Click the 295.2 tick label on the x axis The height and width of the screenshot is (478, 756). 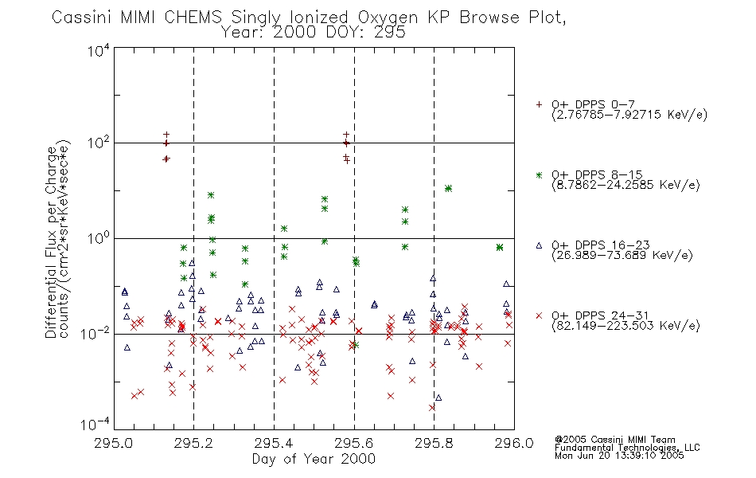(x=194, y=443)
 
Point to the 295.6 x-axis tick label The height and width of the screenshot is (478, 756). (x=354, y=443)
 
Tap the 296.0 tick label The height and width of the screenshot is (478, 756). (x=514, y=443)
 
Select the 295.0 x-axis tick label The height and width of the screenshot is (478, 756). (x=114, y=443)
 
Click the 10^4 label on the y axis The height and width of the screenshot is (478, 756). (x=99, y=50)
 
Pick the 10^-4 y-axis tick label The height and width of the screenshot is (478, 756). (x=95, y=424)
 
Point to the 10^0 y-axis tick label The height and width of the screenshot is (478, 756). (x=99, y=238)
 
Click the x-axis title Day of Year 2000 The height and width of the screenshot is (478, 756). (x=314, y=459)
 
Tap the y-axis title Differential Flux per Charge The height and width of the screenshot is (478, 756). (x=51, y=242)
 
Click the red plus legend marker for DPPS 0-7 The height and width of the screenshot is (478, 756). (x=539, y=104)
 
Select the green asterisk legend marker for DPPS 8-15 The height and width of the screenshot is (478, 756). (x=539, y=174)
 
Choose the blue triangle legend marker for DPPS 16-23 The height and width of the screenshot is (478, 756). (x=539, y=245)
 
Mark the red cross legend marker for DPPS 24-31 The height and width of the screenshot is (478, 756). (x=539, y=315)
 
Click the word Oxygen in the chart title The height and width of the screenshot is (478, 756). (x=388, y=18)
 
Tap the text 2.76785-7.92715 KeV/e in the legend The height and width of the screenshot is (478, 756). (x=629, y=115)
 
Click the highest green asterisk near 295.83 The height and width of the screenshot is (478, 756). (x=448, y=188)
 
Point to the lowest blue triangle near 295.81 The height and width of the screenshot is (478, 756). (x=438, y=398)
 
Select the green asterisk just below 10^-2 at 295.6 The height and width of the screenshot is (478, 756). (x=356, y=345)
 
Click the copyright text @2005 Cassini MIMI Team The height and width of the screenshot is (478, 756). (x=614, y=440)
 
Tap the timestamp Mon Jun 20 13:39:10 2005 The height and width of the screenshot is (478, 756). (x=619, y=456)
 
